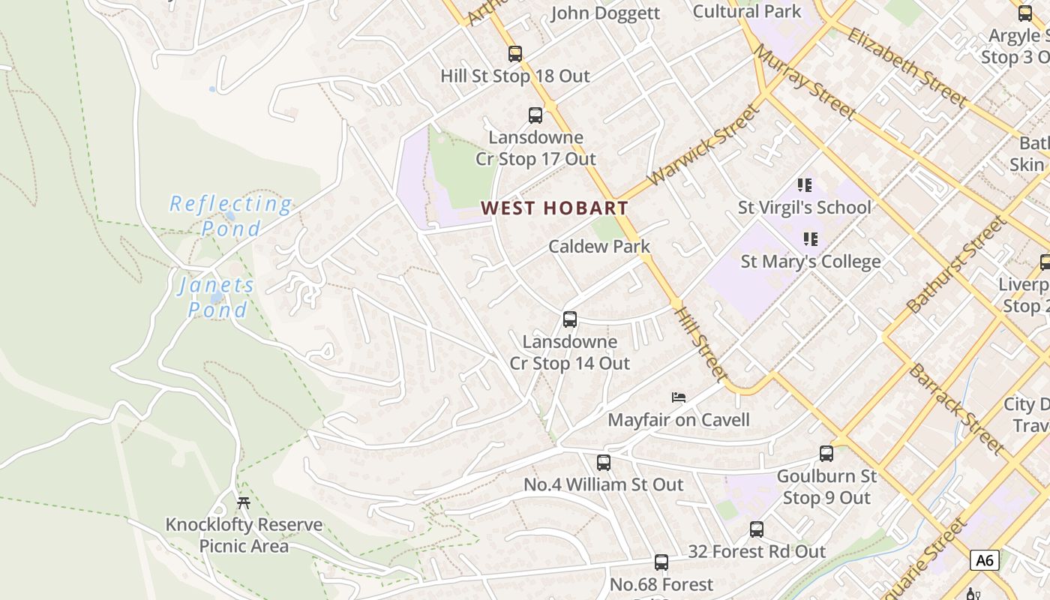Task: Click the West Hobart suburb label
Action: [x=554, y=208]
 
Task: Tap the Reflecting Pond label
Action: [x=230, y=215]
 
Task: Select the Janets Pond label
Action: [x=217, y=297]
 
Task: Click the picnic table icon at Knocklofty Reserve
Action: [x=243, y=502]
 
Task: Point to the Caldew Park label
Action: [x=599, y=246]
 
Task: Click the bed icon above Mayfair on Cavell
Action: [x=679, y=397]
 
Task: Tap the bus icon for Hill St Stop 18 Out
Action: [x=514, y=54]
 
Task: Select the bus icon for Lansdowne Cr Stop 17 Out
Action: [x=535, y=115]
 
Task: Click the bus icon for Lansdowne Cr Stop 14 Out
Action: [x=570, y=319]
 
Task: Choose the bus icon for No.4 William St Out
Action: [x=604, y=463]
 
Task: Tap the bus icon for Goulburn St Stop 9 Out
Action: [x=826, y=454]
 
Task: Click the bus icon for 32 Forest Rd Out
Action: [x=757, y=529]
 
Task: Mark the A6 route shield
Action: [x=985, y=560]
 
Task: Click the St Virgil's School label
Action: [x=805, y=207]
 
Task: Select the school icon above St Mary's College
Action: [x=810, y=239]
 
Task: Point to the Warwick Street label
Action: [x=703, y=146]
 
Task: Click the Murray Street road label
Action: [x=805, y=81]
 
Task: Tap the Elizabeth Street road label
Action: [x=907, y=65]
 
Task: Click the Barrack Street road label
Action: [x=956, y=409]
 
